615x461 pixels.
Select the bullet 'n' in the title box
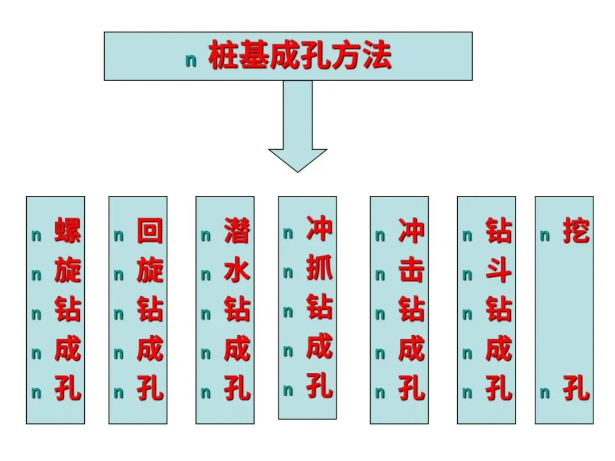(x=191, y=61)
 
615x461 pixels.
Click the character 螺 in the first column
(x=67, y=231)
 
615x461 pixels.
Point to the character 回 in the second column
(x=150, y=231)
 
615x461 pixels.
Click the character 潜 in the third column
(x=237, y=231)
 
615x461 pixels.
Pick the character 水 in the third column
(x=237, y=271)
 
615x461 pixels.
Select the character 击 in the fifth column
(x=411, y=271)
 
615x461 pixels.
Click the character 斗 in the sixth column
(x=498, y=271)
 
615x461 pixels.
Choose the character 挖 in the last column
(x=576, y=231)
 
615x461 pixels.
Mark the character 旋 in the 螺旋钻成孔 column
(x=67, y=271)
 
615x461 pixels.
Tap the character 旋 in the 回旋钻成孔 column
(x=150, y=271)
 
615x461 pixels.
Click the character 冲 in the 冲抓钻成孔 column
(x=319, y=228)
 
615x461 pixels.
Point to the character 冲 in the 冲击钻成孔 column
(x=411, y=231)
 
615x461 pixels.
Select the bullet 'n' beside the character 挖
(x=545, y=236)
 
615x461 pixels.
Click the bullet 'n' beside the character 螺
(x=36, y=236)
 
